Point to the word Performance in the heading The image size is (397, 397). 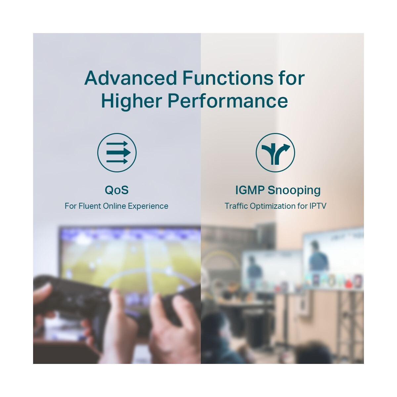point(228,101)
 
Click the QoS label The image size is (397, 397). point(116,190)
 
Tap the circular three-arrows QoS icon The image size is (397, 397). point(117,153)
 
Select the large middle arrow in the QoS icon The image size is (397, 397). point(118,153)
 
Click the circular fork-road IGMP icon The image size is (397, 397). point(275,153)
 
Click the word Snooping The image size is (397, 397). point(294,190)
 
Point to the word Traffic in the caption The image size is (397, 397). point(236,206)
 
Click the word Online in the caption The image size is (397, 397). point(114,206)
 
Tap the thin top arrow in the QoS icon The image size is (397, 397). point(117,144)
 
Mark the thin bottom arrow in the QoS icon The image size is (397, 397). point(117,161)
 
